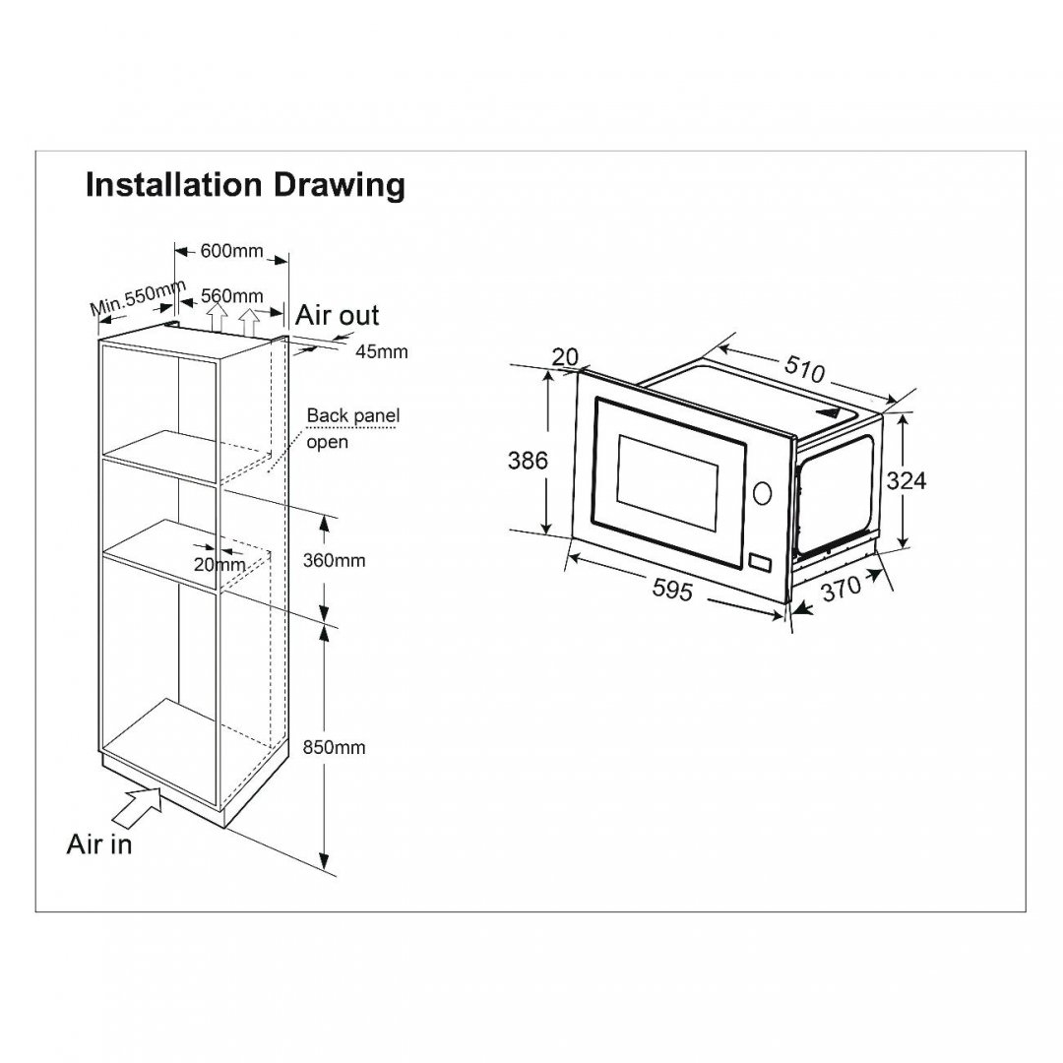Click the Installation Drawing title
click(245, 185)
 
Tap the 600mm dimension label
click(232, 251)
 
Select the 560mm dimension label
click(232, 295)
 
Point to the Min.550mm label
click(139, 297)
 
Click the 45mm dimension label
click(382, 351)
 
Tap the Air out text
click(337, 315)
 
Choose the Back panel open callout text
click(352, 428)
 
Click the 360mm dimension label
click(334, 560)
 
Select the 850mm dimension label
click(334, 747)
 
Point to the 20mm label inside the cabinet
click(219, 564)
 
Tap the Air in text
click(99, 844)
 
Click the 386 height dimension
click(528, 461)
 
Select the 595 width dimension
click(672, 590)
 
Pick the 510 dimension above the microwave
click(805, 369)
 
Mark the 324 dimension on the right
click(906, 480)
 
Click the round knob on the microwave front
click(762, 493)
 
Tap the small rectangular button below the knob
click(760, 563)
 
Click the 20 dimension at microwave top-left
click(565, 356)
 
